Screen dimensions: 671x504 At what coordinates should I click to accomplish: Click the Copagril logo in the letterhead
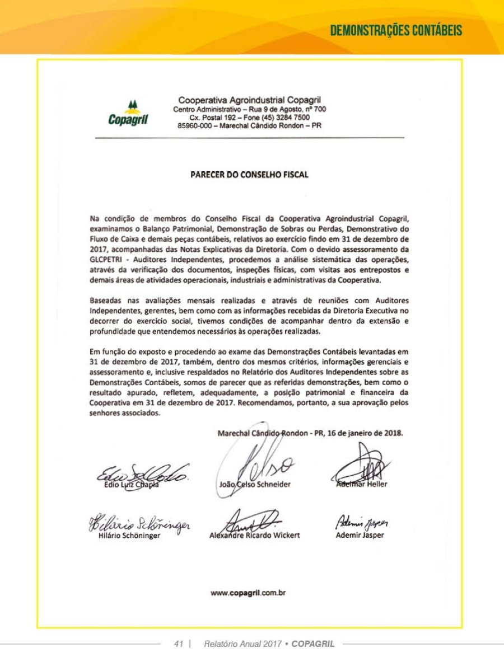(x=128, y=114)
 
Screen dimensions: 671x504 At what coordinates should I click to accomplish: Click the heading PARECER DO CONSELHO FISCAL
(x=250, y=175)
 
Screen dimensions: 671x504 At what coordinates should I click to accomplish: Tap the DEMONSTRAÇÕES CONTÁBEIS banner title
(x=396, y=30)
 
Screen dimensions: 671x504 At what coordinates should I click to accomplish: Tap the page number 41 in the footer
(x=179, y=644)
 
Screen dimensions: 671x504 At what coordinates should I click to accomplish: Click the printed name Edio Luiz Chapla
(x=131, y=485)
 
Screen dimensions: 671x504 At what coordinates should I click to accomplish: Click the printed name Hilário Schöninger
(x=125, y=536)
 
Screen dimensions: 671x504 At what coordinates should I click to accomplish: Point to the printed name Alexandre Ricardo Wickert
(x=254, y=535)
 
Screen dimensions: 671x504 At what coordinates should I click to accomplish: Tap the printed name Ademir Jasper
(x=360, y=535)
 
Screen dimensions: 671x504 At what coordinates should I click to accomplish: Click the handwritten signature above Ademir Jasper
(x=361, y=523)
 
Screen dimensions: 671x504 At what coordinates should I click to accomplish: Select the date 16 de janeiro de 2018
(x=363, y=433)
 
